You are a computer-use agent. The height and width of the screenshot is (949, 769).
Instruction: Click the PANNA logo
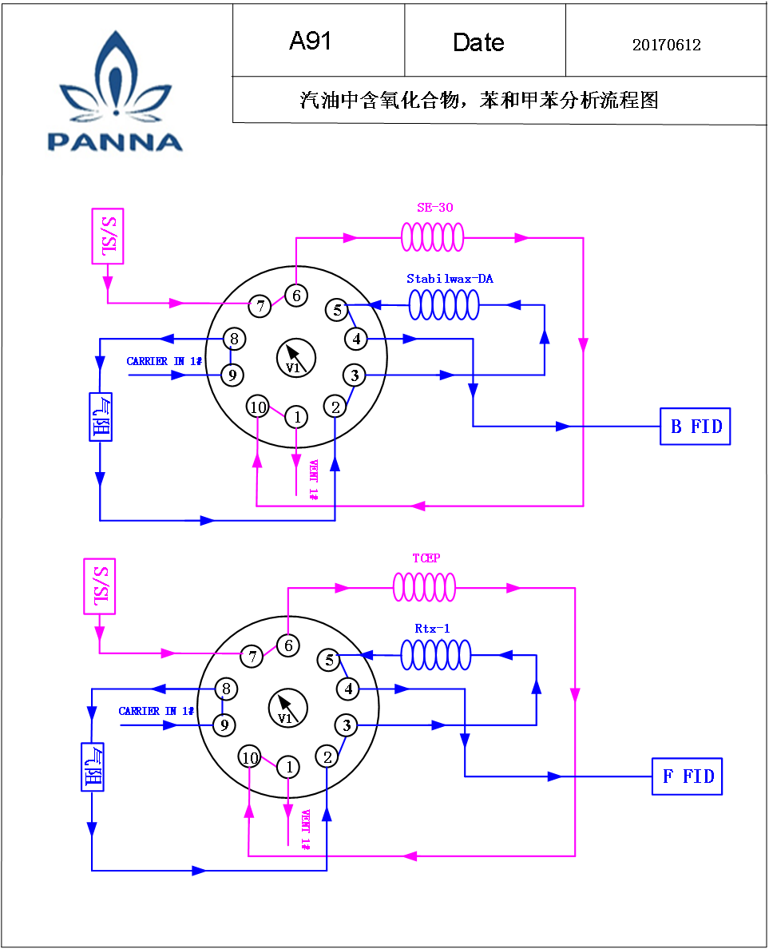pos(115,91)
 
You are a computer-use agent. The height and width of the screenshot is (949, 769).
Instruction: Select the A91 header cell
pos(319,41)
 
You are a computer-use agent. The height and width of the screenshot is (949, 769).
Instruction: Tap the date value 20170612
pos(666,45)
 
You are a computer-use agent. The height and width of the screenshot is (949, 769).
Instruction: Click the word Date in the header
pos(478,42)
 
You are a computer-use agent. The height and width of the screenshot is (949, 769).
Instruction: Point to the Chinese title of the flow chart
pos(478,100)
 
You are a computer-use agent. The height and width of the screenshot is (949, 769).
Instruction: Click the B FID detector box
pos(696,427)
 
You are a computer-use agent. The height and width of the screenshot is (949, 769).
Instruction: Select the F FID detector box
pos(688,776)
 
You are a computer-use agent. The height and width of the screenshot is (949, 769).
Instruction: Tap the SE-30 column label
pos(435,208)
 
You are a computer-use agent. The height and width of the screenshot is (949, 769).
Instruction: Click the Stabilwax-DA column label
pos(450,279)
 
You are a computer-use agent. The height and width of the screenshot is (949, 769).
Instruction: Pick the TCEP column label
pos(426,558)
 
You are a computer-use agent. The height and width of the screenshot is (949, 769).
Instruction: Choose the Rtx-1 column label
pos(432,629)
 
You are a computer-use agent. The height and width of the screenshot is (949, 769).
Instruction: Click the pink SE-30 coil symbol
pos(433,236)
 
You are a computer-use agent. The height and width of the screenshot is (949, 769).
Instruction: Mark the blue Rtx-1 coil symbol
pos(436,655)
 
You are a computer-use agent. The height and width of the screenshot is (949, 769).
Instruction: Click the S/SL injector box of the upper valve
pos(108,236)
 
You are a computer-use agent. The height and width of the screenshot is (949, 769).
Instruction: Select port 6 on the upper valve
pos(296,296)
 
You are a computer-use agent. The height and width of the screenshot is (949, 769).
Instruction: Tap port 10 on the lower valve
pos(251,757)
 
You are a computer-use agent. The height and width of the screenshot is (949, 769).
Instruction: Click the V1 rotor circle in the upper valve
pos(296,359)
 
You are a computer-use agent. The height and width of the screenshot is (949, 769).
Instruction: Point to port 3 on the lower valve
pos(347,725)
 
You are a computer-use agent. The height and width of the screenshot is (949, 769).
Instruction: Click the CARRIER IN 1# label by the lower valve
pos(156,711)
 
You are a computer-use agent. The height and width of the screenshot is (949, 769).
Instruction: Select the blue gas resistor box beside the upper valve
pos(101,417)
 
